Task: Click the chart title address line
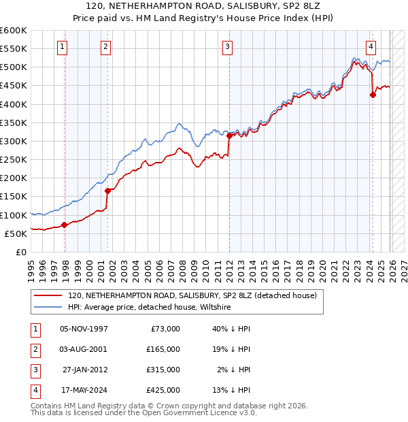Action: (203, 7)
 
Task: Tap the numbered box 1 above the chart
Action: (62, 47)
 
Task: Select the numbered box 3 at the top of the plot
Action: (226, 47)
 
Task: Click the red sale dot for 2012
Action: (230, 136)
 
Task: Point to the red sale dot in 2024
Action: (373, 95)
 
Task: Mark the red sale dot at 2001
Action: (107, 191)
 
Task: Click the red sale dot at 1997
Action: (64, 225)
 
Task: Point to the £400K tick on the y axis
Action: (14, 104)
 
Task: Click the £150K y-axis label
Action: (14, 197)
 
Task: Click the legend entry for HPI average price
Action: (150, 308)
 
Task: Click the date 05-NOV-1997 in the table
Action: (84, 329)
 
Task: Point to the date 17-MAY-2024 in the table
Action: (84, 390)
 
